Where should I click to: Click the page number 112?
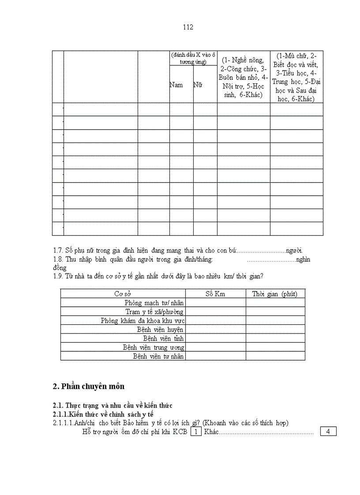tap(188, 27)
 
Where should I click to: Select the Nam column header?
tap(176, 85)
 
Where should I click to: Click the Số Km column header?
tap(215, 294)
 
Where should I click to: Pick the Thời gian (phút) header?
tap(275, 294)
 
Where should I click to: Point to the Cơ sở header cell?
tap(123, 294)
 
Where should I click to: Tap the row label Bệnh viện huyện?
tap(160, 329)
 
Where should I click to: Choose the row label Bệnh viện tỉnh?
tap(163, 338)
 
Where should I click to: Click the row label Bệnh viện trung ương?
tap(153, 347)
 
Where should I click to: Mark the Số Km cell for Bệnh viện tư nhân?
tap(215, 356)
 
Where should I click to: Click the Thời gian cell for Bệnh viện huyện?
tap(275, 329)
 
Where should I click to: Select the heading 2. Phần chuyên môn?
tap(88, 387)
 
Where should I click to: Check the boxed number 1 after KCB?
tap(196, 432)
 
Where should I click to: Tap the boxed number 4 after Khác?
tap(328, 432)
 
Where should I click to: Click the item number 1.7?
tap(58, 250)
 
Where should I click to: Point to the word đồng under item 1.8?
tap(60, 268)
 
